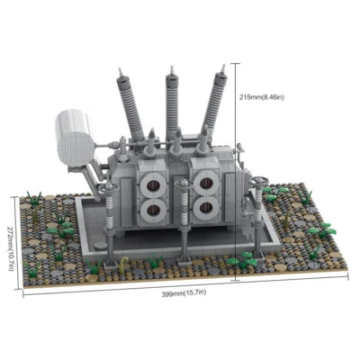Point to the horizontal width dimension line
click(x=180, y=284)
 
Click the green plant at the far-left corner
click(x=35, y=197)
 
